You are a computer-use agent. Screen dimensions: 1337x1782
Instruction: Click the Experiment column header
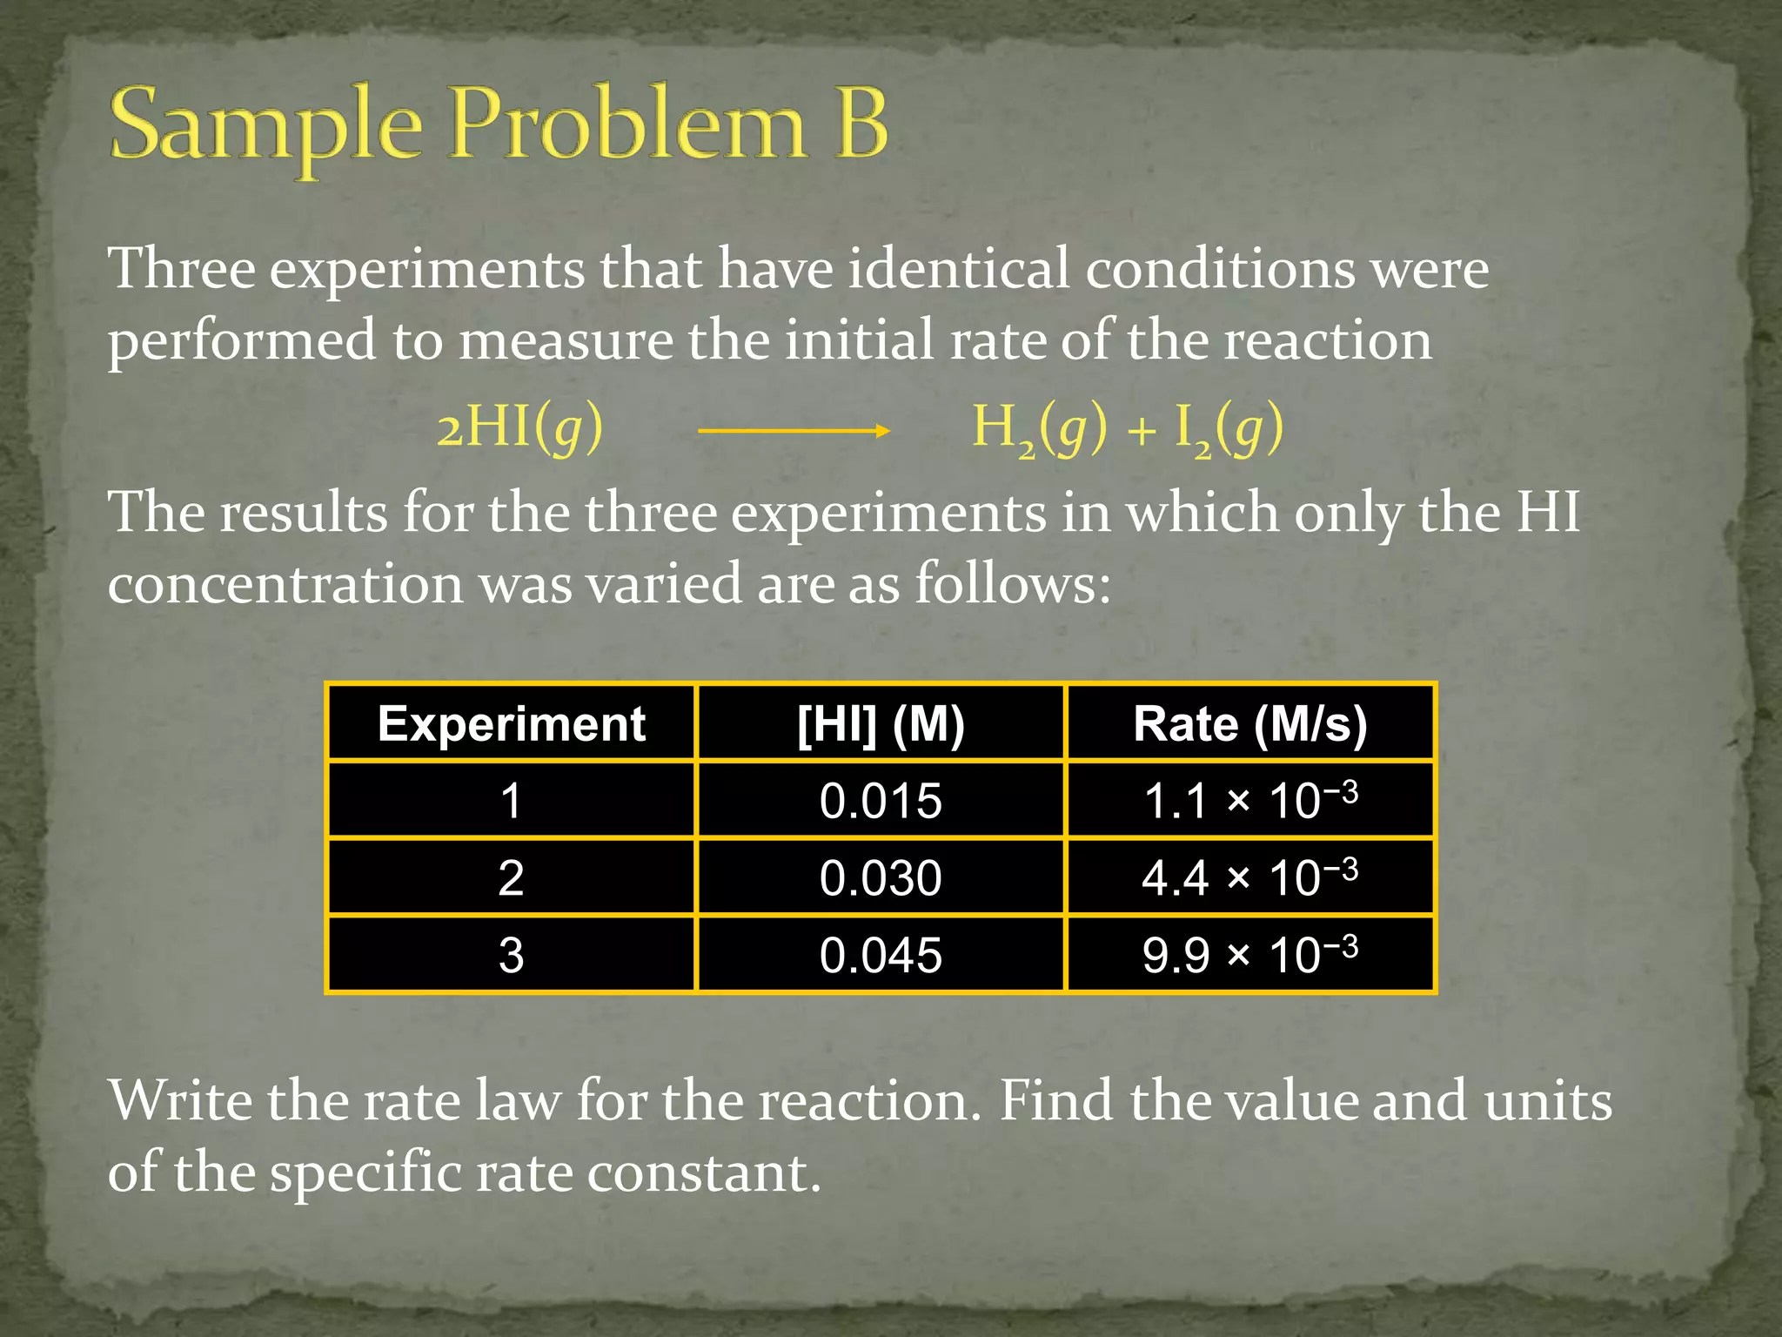click(x=512, y=723)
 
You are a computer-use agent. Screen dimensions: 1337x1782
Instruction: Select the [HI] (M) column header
click(x=881, y=723)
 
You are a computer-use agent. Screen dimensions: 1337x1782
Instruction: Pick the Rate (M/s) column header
click(x=1249, y=723)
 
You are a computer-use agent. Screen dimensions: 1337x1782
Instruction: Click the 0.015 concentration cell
click(x=881, y=801)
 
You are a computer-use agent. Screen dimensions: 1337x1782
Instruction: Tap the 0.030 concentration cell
click(x=881, y=877)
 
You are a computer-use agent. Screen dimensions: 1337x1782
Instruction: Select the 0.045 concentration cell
click(x=881, y=955)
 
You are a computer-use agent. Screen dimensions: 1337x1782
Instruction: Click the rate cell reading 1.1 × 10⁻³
click(x=1249, y=801)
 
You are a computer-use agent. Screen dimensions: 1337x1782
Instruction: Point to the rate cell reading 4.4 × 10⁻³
click(x=1249, y=877)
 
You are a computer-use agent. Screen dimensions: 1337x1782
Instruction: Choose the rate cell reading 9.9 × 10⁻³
click(x=1249, y=955)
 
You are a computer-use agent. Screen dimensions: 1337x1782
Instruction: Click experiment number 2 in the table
click(x=512, y=877)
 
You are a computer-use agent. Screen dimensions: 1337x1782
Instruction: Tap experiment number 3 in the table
click(x=512, y=955)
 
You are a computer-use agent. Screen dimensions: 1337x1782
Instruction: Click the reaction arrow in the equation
click(x=794, y=430)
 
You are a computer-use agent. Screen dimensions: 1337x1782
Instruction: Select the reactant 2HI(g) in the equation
click(x=519, y=427)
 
